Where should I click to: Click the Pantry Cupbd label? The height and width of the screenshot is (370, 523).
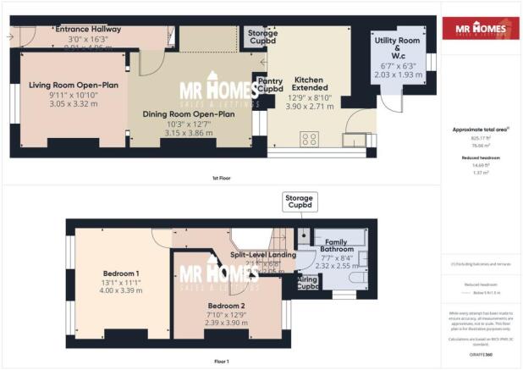270,85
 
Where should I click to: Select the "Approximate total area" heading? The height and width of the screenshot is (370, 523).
480,130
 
